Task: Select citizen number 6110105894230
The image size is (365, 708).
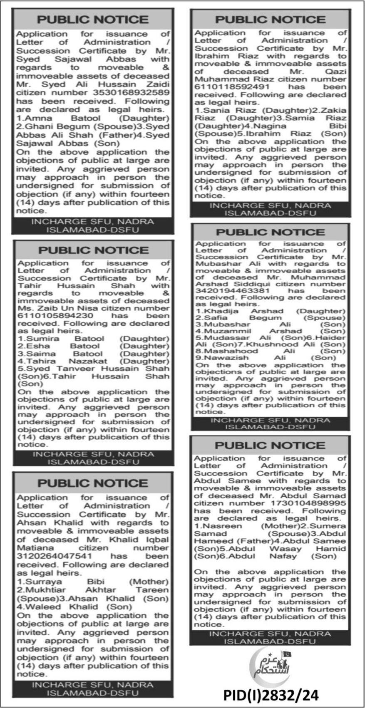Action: coord(50,316)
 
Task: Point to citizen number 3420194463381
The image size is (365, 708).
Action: coord(224,291)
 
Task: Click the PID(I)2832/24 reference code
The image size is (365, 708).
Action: coord(271,695)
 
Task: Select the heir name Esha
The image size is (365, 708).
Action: coord(38,346)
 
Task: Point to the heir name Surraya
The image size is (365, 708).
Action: coord(43,582)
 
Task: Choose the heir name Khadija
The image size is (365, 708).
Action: coord(219,311)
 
